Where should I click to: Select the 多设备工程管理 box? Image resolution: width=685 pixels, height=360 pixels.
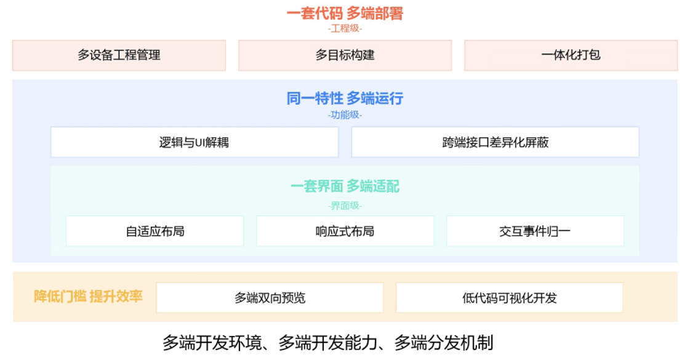pyautogui.click(x=119, y=55)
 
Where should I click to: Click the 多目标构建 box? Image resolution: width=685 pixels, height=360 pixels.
pyautogui.click(x=345, y=55)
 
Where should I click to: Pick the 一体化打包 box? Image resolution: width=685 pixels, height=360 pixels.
pyautogui.click(x=571, y=55)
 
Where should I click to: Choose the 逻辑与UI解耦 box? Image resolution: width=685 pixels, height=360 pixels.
pyautogui.click(x=194, y=142)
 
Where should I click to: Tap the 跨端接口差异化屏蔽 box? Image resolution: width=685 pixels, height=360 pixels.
pyautogui.click(x=495, y=142)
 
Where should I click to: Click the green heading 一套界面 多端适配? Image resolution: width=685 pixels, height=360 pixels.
pyautogui.click(x=345, y=186)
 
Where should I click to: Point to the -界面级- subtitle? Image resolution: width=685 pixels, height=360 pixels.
pyautogui.click(x=345, y=206)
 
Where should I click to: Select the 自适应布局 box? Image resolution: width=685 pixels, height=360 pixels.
pyautogui.click(x=155, y=231)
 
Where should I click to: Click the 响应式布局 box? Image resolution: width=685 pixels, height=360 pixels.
pyautogui.click(x=345, y=231)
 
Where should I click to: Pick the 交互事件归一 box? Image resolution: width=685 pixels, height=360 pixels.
pyautogui.click(x=535, y=231)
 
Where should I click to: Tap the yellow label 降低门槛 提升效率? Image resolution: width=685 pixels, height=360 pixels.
pyautogui.click(x=88, y=297)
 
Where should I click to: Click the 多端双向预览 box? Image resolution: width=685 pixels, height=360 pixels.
pyautogui.click(x=270, y=298)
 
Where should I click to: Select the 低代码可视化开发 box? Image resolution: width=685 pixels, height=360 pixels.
pyautogui.click(x=509, y=298)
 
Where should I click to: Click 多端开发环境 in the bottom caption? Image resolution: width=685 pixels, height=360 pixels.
pyautogui.click(x=213, y=342)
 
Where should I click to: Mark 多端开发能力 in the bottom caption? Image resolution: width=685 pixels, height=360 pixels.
pyautogui.click(x=329, y=342)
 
